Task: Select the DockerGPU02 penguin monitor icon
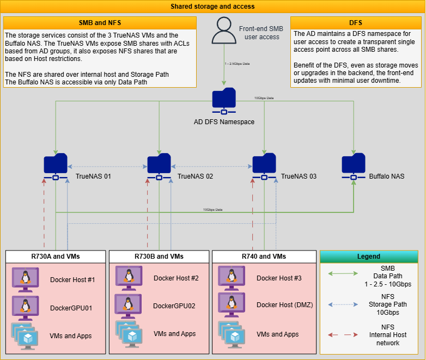click(128, 305)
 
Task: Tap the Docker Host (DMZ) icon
click(232, 304)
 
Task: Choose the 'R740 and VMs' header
click(264, 256)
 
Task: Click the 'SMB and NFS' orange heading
click(100, 23)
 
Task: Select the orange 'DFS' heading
click(355, 23)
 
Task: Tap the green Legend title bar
click(369, 256)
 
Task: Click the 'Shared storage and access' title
click(212, 7)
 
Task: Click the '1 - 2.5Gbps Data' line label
click(238, 64)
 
